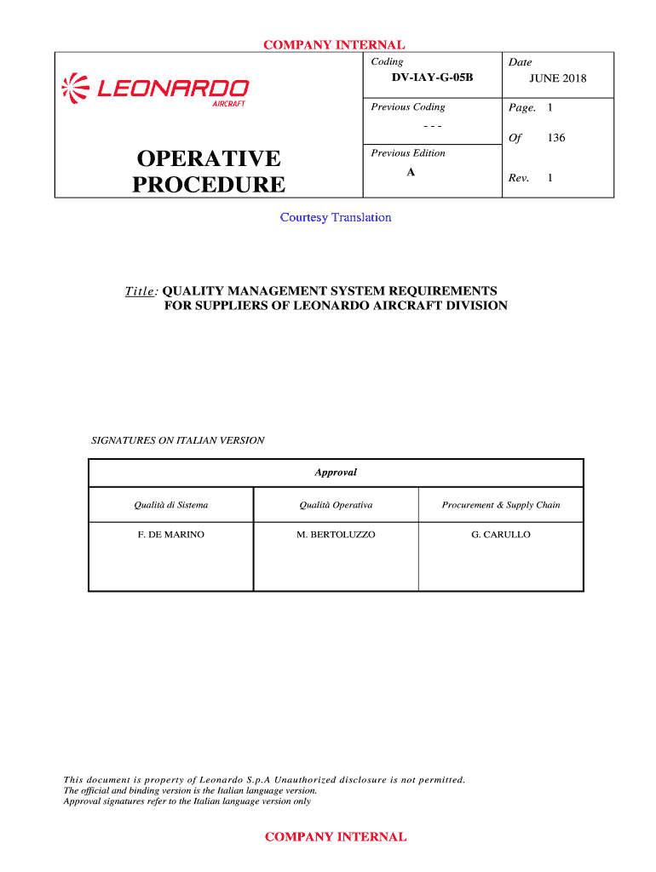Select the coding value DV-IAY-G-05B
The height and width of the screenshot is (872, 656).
pos(432,78)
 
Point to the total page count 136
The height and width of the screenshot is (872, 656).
pos(556,138)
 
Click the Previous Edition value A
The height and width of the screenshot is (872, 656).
pos(411,172)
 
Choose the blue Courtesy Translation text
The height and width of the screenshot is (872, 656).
pos(336,217)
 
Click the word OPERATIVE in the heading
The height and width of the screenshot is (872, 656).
pos(208,158)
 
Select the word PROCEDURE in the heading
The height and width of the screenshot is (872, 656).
pos(209,185)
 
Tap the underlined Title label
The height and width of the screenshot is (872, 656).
pos(141,291)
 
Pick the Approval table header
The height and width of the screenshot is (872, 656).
pos(336,473)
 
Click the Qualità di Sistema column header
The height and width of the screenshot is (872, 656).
pos(170,505)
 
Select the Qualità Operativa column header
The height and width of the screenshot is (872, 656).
pos(336,505)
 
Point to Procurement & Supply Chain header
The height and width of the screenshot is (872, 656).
pos(501,505)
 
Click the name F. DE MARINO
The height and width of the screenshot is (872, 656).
pos(170,535)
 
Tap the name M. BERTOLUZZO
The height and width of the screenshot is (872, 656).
pos(336,535)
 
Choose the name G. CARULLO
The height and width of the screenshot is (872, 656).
pos(501,535)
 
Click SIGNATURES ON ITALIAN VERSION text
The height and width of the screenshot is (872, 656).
pos(178,440)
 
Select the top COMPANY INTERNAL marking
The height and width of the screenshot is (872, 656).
pos(334,45)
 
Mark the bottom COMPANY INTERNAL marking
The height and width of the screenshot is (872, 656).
pos(336,837)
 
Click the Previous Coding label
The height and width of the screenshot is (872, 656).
pos(408,107)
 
